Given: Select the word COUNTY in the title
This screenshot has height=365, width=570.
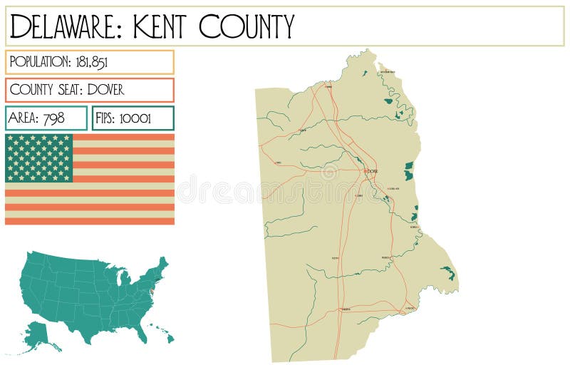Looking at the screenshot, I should tap(247, 27).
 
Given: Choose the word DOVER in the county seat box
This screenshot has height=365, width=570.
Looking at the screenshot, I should tap(106, 90).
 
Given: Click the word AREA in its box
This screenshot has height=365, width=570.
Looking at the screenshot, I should tap(24, 118).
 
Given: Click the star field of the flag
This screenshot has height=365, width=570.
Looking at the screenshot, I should tap(39, 158).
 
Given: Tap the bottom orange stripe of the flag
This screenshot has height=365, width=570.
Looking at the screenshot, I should tap(89, 221).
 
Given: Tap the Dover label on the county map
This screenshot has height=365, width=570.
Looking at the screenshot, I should tap(373, 172).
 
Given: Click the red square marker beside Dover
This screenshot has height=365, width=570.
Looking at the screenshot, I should tap(366, 171).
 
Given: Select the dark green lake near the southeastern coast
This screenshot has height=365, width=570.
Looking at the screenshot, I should tap(447, 272).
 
